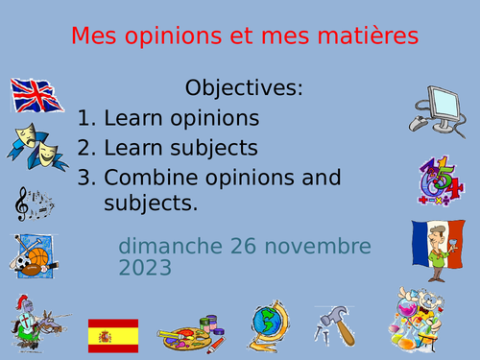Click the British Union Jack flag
(36, 97)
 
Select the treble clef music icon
(32, 203)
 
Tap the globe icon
(267, 325)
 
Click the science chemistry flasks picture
(420, 322)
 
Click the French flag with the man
(437, 249)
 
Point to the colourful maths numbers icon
(440, 180)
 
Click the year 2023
(146, 267)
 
